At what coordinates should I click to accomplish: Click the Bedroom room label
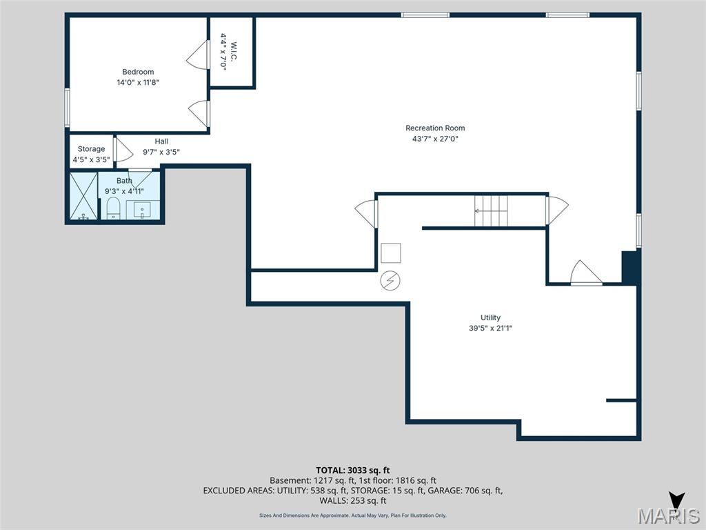(x=138, y=72)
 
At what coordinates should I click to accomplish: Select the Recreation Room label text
(x=434, y=128)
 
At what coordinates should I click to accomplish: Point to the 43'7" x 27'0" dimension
(x=434, y=139)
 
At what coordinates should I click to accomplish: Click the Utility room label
(x=490, y=317)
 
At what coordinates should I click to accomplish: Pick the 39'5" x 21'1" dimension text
(x=490, y=328)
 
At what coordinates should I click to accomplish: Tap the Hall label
(x=161, y=141)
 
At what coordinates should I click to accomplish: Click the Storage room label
(x=91, y=149)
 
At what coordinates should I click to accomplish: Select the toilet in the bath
(x=113, y=208)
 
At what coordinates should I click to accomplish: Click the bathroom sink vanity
(x=143, y=209)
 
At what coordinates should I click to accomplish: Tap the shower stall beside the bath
(x=83, y=197)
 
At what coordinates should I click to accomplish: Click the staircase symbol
(x=491, y=210)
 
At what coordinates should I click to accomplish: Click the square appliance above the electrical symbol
(x=391, y=253)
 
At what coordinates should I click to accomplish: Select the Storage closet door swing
(x=123, y=150)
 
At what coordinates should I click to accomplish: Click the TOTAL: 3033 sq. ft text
(x=352, y=471)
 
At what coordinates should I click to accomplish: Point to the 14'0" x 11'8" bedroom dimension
(x=138, y=83)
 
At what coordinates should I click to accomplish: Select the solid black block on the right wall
(x=630, y=267)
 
